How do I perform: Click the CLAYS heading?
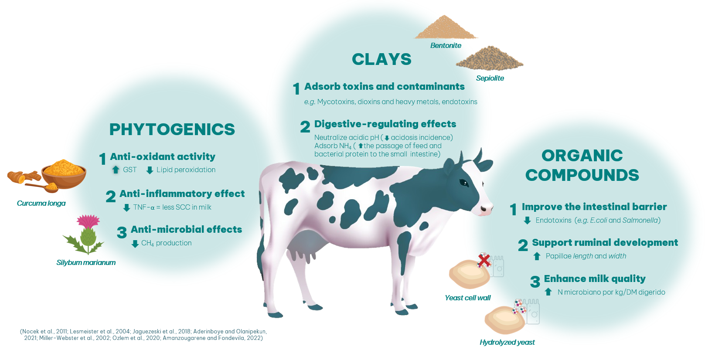[x=381, y=59]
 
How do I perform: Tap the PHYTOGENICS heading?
[x=172, y=129]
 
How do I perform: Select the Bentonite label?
[x=446, y=45]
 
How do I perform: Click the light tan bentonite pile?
[x=445, y=27]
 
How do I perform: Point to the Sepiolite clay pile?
[x=490, y=58]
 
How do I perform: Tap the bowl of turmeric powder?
[x=64, y=174]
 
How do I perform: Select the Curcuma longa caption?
[x=41, y=204]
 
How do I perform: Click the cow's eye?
[x=464, y=183]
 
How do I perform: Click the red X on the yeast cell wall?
[x=484, y=261]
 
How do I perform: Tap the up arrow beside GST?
[x=116, y=170]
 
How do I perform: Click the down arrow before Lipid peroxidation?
[x=150, y=170]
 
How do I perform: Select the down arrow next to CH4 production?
[x=135, y=244]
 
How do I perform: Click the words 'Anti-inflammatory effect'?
[x=182, y=194]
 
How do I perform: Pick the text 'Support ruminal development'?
[x=605, y=243]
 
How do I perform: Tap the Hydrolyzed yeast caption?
[x=507, y=342]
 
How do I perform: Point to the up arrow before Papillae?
[x=537, y=256]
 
